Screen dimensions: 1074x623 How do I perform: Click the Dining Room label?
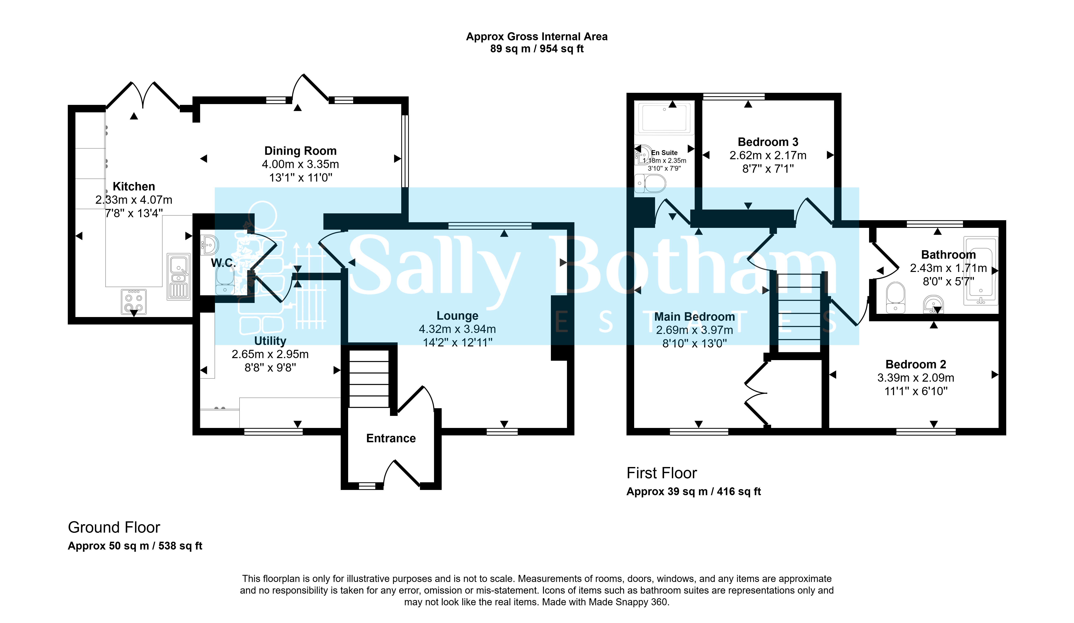[x=300, y=151]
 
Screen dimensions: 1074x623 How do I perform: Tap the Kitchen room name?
[x=134, y=186]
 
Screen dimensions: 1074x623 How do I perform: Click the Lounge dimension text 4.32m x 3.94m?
[x=457, y=329]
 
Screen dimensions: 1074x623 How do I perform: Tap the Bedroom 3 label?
[x=768, y=142]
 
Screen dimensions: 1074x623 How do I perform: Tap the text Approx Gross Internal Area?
[x=537, y=37]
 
